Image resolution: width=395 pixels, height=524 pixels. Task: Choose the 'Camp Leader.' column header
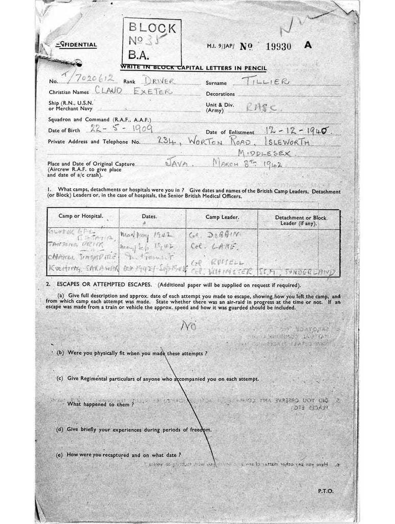click(x=220, y=216)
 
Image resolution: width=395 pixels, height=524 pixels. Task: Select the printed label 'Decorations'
click(x=221, y=94)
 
